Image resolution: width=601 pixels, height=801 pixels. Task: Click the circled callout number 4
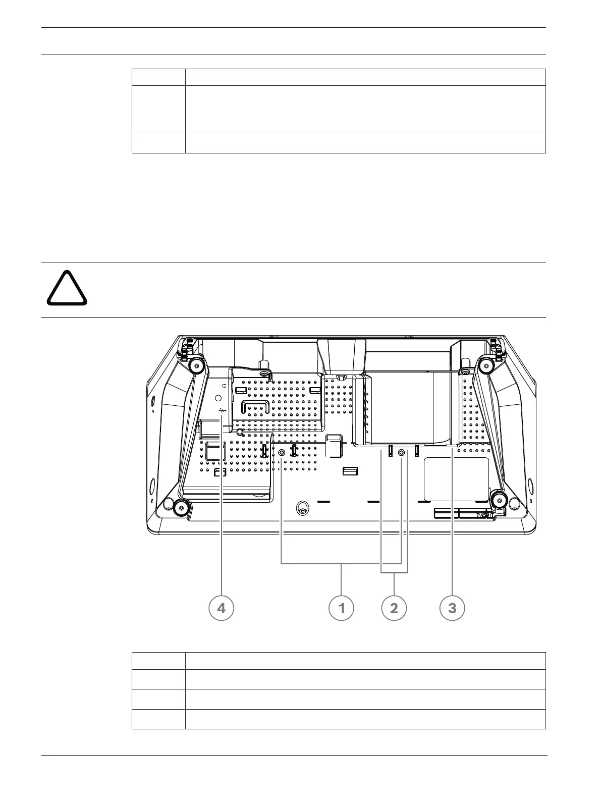(x=221, y=608)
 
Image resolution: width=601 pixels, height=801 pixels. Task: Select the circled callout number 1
(x=342, y=608)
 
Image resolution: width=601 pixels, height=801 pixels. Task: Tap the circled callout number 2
(x=394, y=608)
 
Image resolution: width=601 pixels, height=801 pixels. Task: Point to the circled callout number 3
(x=452, y=608)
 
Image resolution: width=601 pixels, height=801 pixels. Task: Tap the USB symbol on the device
(x=223, y=411)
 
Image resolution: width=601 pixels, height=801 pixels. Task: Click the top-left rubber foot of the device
(x=195, y=365)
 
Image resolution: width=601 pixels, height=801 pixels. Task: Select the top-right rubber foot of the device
(x=487, y=365)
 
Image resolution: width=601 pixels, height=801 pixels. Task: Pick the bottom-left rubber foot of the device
(x=182, y=507)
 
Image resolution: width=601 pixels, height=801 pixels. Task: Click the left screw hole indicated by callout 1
(x=282, y=453)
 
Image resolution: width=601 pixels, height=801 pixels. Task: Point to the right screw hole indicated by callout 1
(x=401, y=453)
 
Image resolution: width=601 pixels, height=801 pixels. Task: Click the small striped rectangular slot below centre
(x=349, y=471)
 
